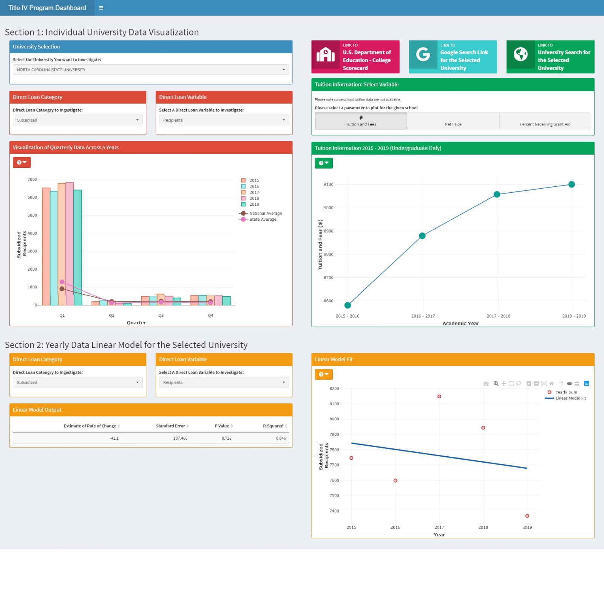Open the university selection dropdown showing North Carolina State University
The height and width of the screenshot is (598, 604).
151,70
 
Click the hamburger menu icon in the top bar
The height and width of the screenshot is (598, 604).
101,8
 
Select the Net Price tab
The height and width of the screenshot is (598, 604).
453,121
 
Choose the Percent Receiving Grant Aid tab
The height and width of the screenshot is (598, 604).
545,121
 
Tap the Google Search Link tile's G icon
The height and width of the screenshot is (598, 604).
423,54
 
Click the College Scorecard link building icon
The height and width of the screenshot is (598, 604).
325,54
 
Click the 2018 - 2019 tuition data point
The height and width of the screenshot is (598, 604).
572,184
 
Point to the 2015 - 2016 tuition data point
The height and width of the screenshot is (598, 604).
348,305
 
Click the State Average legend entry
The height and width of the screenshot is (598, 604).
263,219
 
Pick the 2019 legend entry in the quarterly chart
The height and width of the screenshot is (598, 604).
254,204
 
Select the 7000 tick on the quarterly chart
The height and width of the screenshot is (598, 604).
32,180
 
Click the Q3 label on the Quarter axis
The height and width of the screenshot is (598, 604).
161,315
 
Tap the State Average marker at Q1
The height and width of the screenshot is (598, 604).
62,282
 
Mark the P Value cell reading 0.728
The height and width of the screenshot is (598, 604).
226,438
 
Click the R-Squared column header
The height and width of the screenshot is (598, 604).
273,426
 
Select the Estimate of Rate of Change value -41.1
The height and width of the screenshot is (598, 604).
114,438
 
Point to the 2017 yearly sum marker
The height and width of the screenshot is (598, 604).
439,397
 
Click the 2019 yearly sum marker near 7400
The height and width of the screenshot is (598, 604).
527,516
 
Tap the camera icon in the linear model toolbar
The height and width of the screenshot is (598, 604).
486,384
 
